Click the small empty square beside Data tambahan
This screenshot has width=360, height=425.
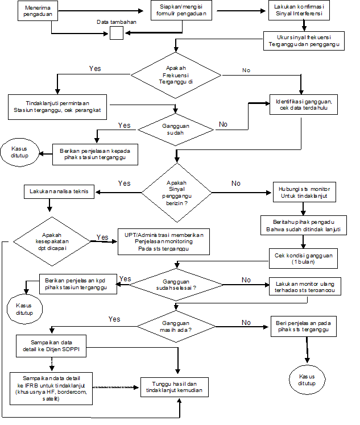pos(116,34)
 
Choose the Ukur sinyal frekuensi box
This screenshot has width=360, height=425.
pos(306,41)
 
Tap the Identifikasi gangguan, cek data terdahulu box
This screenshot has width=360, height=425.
pos(304,105)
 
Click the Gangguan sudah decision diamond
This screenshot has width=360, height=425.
pos(175,129)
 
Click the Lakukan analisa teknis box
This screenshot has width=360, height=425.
pos(60,192)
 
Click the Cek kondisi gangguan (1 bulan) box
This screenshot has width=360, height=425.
pos(303,258)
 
